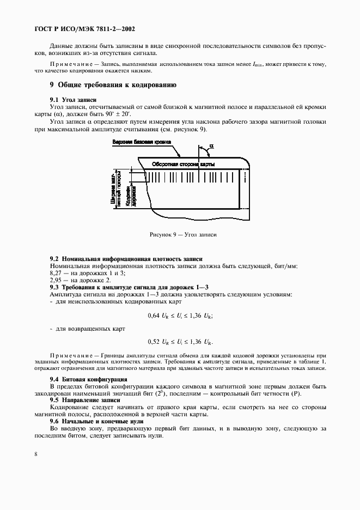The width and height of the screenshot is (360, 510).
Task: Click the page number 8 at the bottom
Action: tap(35, 453)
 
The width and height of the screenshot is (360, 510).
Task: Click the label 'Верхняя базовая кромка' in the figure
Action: tap(142, 142)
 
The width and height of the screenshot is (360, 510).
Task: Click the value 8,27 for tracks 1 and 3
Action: tap(56, 272)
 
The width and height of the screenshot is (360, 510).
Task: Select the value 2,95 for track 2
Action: tap(56, 280)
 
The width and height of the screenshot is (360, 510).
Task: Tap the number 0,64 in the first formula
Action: tap(155, 315)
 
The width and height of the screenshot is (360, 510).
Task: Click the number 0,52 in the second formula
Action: tap(155, 342)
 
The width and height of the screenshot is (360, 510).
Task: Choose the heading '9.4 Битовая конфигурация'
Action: tap(88, 379)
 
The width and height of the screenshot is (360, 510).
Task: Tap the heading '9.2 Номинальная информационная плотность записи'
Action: tap(126, 258)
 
